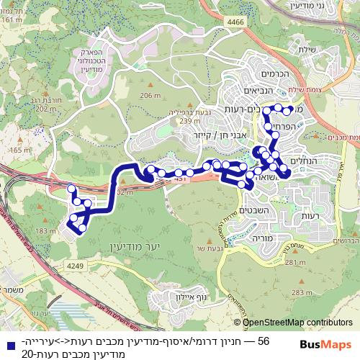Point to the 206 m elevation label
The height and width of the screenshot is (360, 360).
150,96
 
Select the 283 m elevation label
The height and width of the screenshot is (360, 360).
293,292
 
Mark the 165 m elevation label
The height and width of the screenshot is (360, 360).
14,149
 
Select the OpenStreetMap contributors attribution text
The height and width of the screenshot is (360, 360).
297,323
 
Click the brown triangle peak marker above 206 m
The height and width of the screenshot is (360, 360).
150,88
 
